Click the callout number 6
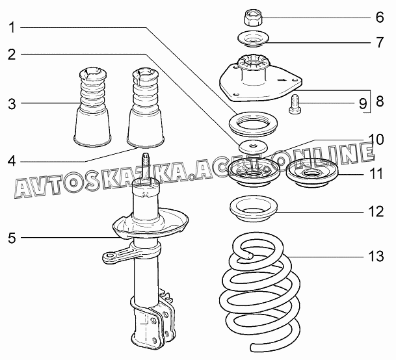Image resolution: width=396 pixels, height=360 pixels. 379,18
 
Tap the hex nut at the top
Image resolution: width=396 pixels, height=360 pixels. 254,18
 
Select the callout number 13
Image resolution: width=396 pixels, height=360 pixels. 376,256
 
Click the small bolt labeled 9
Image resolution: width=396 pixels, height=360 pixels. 295,105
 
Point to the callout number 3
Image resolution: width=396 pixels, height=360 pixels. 12,104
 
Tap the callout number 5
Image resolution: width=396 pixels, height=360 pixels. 12,238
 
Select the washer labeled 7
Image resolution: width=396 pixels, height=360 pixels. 253,38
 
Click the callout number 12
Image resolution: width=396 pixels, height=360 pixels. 376,211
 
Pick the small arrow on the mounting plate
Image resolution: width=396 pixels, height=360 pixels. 282,81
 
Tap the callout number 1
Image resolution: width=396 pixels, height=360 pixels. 12,27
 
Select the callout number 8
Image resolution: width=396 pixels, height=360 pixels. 380,101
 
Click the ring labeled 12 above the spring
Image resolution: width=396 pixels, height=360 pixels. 254,209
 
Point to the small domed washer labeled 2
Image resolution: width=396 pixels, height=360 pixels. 254,147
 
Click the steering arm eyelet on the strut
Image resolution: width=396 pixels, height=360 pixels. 109,257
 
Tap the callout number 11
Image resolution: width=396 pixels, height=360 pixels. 376,174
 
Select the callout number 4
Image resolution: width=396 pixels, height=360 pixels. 12,161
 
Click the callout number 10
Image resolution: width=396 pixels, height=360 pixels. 376,139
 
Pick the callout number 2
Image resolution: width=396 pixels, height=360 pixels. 12,55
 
